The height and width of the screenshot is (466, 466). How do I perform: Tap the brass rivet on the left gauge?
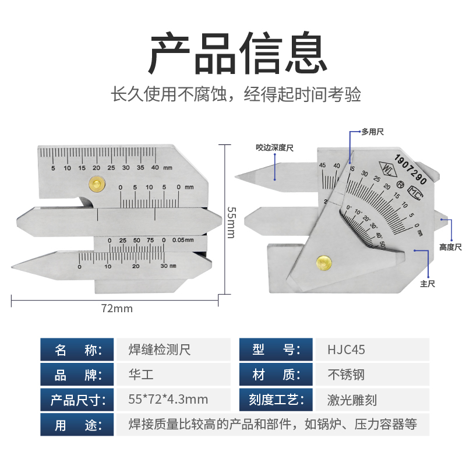pyautogui.click(x=95, y=184)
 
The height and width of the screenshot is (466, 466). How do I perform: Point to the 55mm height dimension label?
pyautogui.click(x=231, y=222)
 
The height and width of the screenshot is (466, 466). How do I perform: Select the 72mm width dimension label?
pyautogui.click(x=116, y=308)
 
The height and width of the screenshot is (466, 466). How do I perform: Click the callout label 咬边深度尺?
pyautogui.click(x=274, y=148)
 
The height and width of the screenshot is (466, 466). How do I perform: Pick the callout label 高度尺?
pyautogui.click(x=450, y=247)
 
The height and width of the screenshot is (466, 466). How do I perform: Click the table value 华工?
pyautogui.click(x=140, y=375)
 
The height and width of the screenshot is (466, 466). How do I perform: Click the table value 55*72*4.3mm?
pyautogui.click(x=168, y=400)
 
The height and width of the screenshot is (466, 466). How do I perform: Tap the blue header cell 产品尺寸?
pyautogui.click(x=77, y=400)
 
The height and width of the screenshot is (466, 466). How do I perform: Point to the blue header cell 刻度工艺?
pyautogui.click(x=277, y=400)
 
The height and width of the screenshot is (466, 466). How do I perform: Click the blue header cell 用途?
pyautogui.click(x=77, y=425)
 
